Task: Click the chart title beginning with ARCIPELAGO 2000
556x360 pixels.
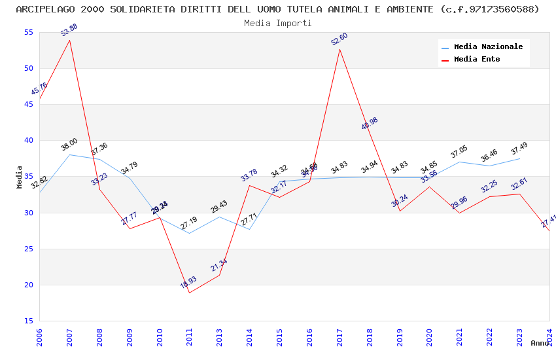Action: click(x=278, y=9)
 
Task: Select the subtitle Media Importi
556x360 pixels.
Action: click(x=278, y=23)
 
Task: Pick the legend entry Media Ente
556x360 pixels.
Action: click(x=477, y=60)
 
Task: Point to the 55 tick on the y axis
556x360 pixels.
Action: click(x=27, y=33)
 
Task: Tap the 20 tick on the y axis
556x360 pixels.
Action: click(x=27, y=285)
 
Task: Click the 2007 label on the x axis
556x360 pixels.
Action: click(x=70, y=337)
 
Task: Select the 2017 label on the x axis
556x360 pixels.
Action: click(x=339, y=337)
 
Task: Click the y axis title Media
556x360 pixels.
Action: click(x=20, y=177)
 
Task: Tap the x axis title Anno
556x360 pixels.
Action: click(x=540, y=343)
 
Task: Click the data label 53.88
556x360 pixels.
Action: click(x=69, y=30)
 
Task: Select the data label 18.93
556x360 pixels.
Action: click(x=188, y=283)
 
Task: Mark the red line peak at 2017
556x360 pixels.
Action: click(x=339, y=50)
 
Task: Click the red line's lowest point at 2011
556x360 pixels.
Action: click(x=190, y=293)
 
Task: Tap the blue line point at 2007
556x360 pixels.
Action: click(x=70, y=155)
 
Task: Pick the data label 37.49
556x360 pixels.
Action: click(x=519, y=149)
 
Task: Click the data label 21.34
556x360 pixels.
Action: click(x=219, y=265)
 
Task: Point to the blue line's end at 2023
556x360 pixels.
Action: click(x=519, y=158)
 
